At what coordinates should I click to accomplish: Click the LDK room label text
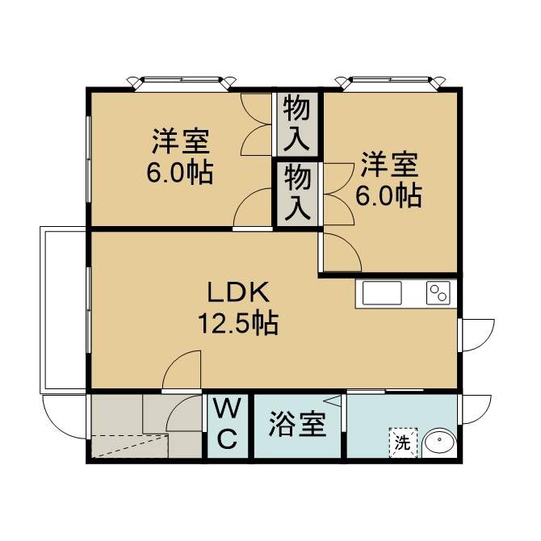coord(238,292)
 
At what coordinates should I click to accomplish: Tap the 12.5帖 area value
coord(238,323)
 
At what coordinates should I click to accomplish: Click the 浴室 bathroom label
coord(297,425)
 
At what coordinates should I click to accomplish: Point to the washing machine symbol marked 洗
coord(403,443)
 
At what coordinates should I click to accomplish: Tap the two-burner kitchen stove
coord(438,293)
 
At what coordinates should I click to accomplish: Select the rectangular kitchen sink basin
coord(382,293)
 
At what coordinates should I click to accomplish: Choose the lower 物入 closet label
coord(297,192)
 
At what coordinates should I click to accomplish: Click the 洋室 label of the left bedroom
coord(181,141)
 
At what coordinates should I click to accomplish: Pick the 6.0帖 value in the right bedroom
coord(388,196)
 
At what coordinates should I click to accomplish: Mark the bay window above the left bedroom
coord(182,83)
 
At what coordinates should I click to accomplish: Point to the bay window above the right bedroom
coord(391,83)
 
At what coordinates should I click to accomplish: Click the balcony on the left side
coord(63,310)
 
